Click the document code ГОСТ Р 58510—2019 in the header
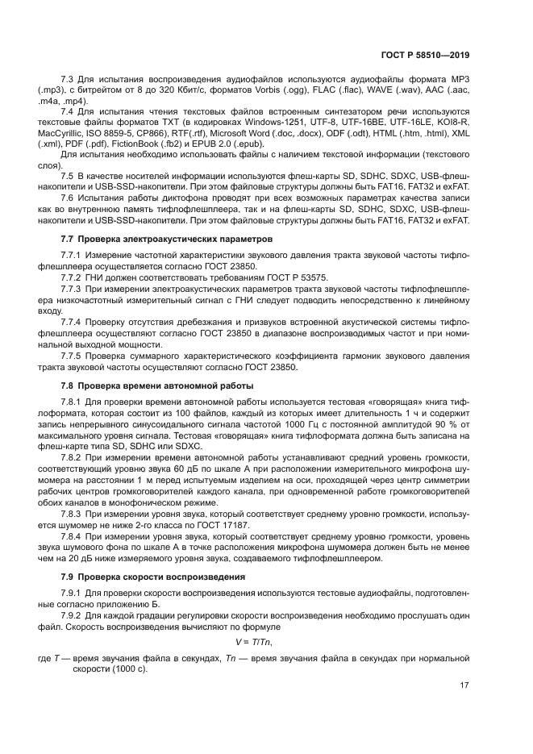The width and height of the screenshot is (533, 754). pos(424,55)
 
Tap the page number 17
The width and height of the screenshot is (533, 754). pos(464,686)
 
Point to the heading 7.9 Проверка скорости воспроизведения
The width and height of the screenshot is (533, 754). pos(154,577)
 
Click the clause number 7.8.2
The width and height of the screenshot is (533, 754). pos(74,456)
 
